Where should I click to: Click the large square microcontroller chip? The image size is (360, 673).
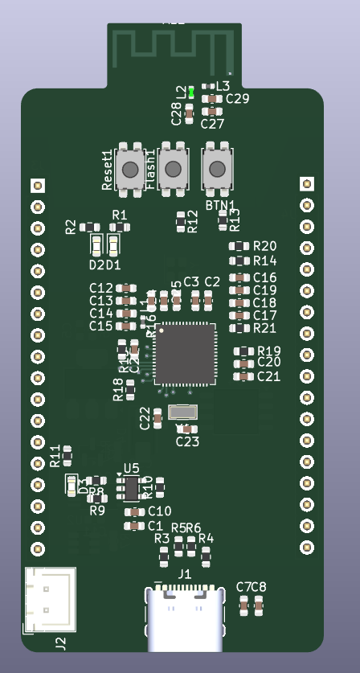point(185,355)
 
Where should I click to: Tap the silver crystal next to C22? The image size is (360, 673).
point(183,412)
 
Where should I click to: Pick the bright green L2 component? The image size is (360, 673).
point(191,92)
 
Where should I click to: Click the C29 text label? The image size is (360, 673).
point(237,99)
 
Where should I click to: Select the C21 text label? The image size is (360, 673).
point(268,376)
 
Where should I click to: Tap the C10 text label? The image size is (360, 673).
point(159,511)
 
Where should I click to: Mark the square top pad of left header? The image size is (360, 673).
point(38,186)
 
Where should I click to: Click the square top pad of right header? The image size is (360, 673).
point(307,184)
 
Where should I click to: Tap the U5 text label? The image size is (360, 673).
point(131,468)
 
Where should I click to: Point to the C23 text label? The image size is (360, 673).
point(187,441)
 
